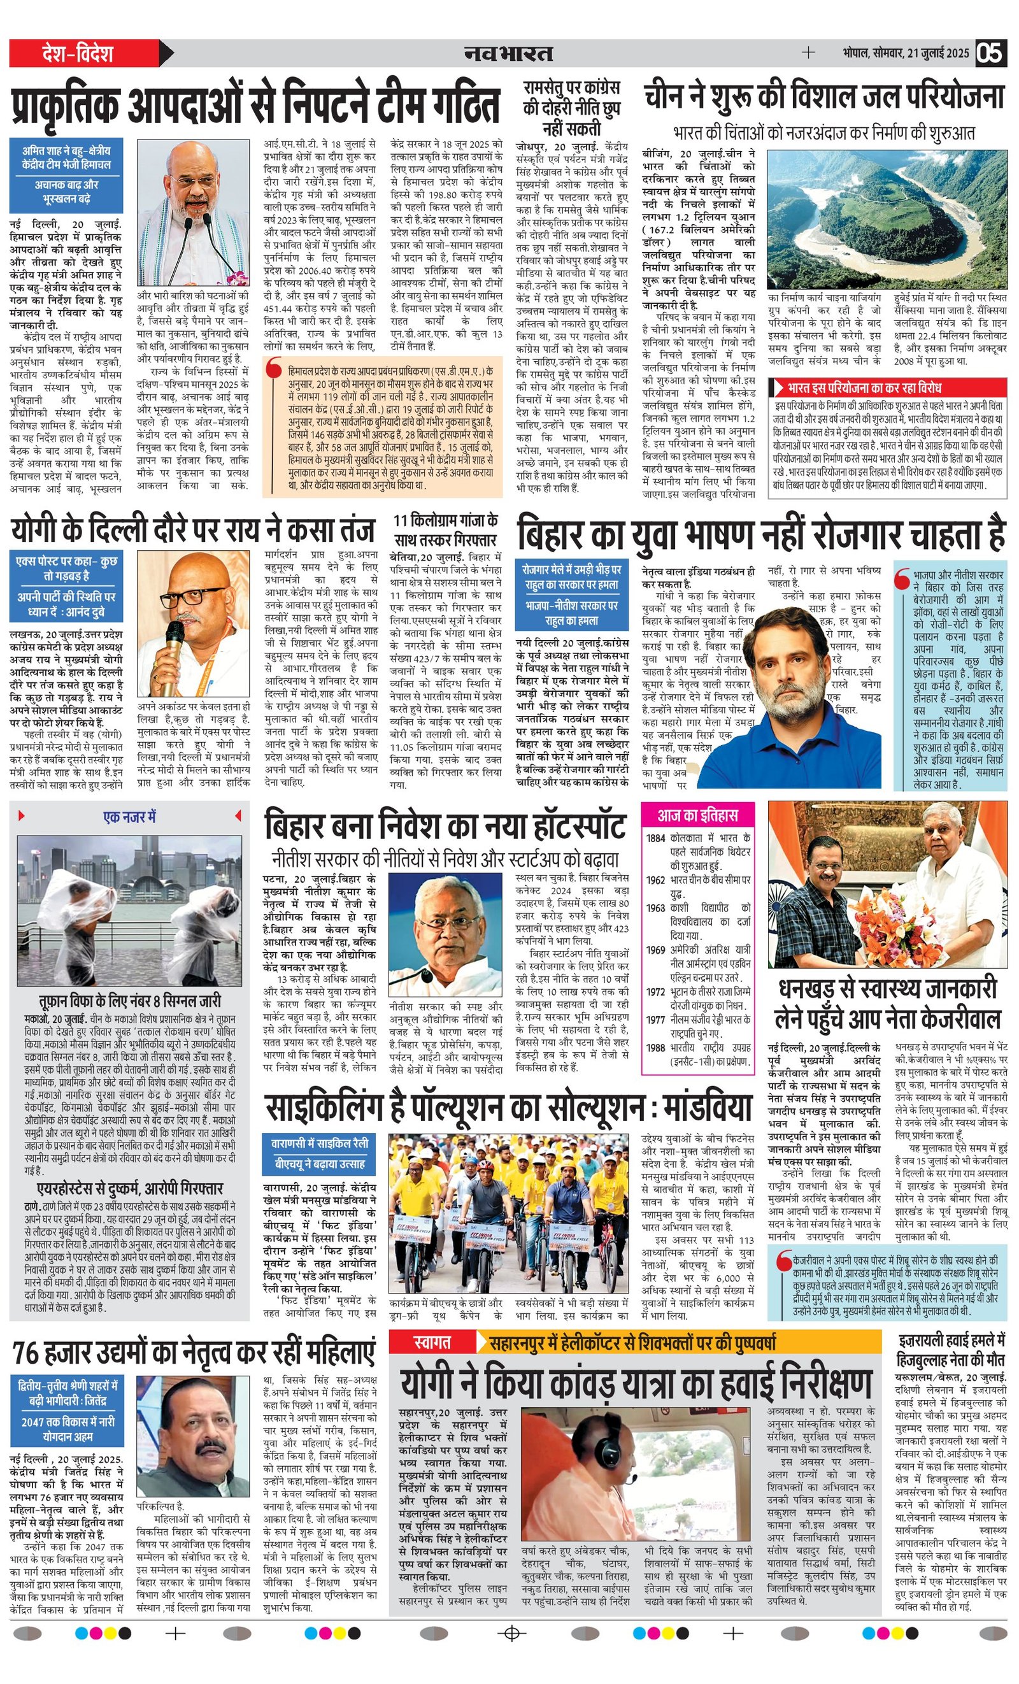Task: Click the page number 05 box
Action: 990,54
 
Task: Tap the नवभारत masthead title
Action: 508,54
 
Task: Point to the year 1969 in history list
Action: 655,949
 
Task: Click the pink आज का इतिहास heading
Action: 689,815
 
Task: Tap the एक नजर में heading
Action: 129,816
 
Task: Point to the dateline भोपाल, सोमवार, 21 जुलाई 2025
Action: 905,54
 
